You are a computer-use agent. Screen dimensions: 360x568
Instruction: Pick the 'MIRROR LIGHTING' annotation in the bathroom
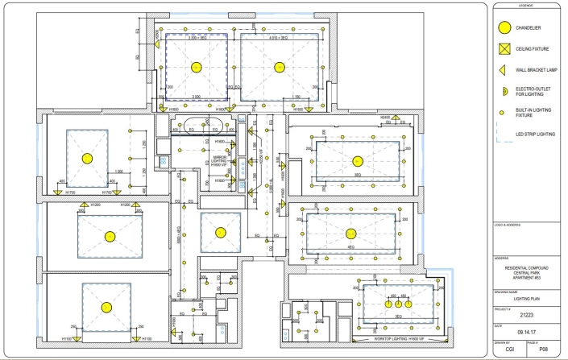tap(218, 161)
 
